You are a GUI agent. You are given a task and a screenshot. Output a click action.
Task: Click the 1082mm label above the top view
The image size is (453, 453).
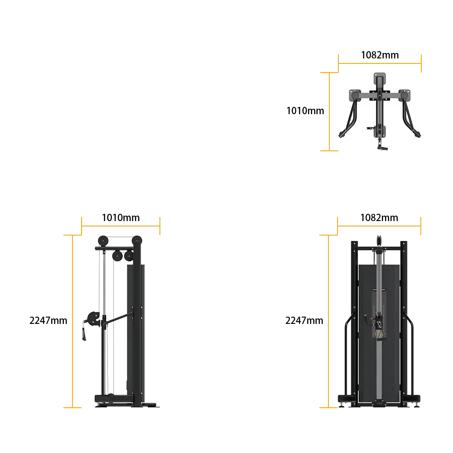pos(380,55)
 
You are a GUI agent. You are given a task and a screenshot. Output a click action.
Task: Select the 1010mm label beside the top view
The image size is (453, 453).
pos(305,111)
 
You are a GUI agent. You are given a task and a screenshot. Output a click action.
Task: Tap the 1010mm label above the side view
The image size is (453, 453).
pos(121,217)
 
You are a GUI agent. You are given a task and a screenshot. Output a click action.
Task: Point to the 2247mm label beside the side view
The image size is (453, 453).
pos(48,320)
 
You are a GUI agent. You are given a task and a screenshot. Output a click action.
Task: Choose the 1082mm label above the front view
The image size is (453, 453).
pos(379,217)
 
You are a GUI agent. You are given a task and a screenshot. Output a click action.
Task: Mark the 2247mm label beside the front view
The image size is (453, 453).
pos(304,320)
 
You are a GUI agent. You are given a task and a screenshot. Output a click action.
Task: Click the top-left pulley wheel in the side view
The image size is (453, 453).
pos(103,241)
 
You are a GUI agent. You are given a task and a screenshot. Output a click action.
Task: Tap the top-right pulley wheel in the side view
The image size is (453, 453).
pos(137,241)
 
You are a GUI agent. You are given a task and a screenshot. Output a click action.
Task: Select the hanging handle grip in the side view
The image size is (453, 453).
pos(84,334)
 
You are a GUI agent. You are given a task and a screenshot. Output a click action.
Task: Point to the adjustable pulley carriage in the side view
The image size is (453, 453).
pos(94,319)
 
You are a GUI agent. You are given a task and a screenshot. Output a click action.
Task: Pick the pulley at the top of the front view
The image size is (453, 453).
pos(379,241)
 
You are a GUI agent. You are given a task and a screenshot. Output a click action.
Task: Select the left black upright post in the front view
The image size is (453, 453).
pos(355,323)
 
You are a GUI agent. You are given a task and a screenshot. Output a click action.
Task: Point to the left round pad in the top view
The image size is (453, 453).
pos(355,95)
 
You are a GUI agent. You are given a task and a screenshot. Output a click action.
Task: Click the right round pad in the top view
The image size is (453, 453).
pos(404,95)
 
